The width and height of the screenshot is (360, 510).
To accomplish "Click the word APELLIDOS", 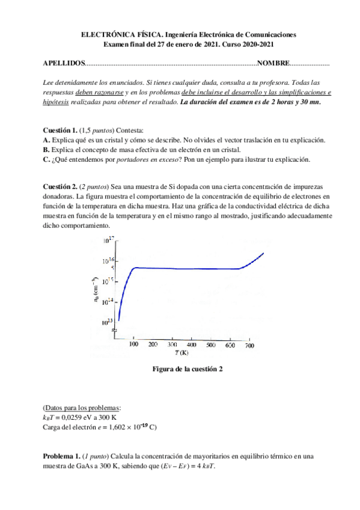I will pyautogui.click(x=64, y=63).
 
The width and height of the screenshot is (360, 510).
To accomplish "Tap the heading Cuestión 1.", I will pyautogui.click(x=59, y=131).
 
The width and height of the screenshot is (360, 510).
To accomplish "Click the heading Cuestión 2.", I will pyautogui.click(x=59, y=187).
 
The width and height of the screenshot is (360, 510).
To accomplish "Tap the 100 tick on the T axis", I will pyautogui.click(x=133, y=345).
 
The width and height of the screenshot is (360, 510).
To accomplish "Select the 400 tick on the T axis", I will pyautogui.click(x=192, y=345).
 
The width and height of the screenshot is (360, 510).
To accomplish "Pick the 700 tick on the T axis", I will pyautogui.click(x=249, y=345).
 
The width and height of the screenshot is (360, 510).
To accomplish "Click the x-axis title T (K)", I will pyautogui.click(x=182, y=354).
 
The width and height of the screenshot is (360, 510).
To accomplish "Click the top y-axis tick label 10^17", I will pyautogui.click(x=109, y=241).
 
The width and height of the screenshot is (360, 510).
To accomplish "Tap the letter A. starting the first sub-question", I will pyautogui.click(x=47, y=140).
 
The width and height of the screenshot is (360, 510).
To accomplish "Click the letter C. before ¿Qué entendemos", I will pyautogui.click(x=47, y=159).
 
